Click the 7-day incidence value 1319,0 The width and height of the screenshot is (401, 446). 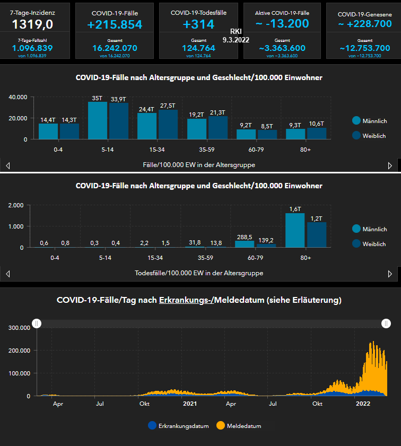[x=33, y=24]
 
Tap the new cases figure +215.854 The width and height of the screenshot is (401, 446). [x=115, y=24]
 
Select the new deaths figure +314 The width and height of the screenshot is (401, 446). [x=198, y=24]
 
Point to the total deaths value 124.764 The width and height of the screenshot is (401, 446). [x=198, y=48]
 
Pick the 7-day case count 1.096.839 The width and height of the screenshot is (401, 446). [x=33, y=48]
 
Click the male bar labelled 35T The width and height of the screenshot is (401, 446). [x=97, y=120]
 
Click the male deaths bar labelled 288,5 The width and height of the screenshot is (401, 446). [x=245, y=244]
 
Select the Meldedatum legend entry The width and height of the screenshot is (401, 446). [x=239, y=426]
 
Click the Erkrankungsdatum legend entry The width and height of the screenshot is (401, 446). [x=179, y=426]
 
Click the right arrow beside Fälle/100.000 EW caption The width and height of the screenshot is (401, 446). [x=390, y=165]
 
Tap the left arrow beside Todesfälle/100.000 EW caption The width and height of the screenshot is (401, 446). [x=7, y=274]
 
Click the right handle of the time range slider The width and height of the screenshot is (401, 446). [x=386, y=323]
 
